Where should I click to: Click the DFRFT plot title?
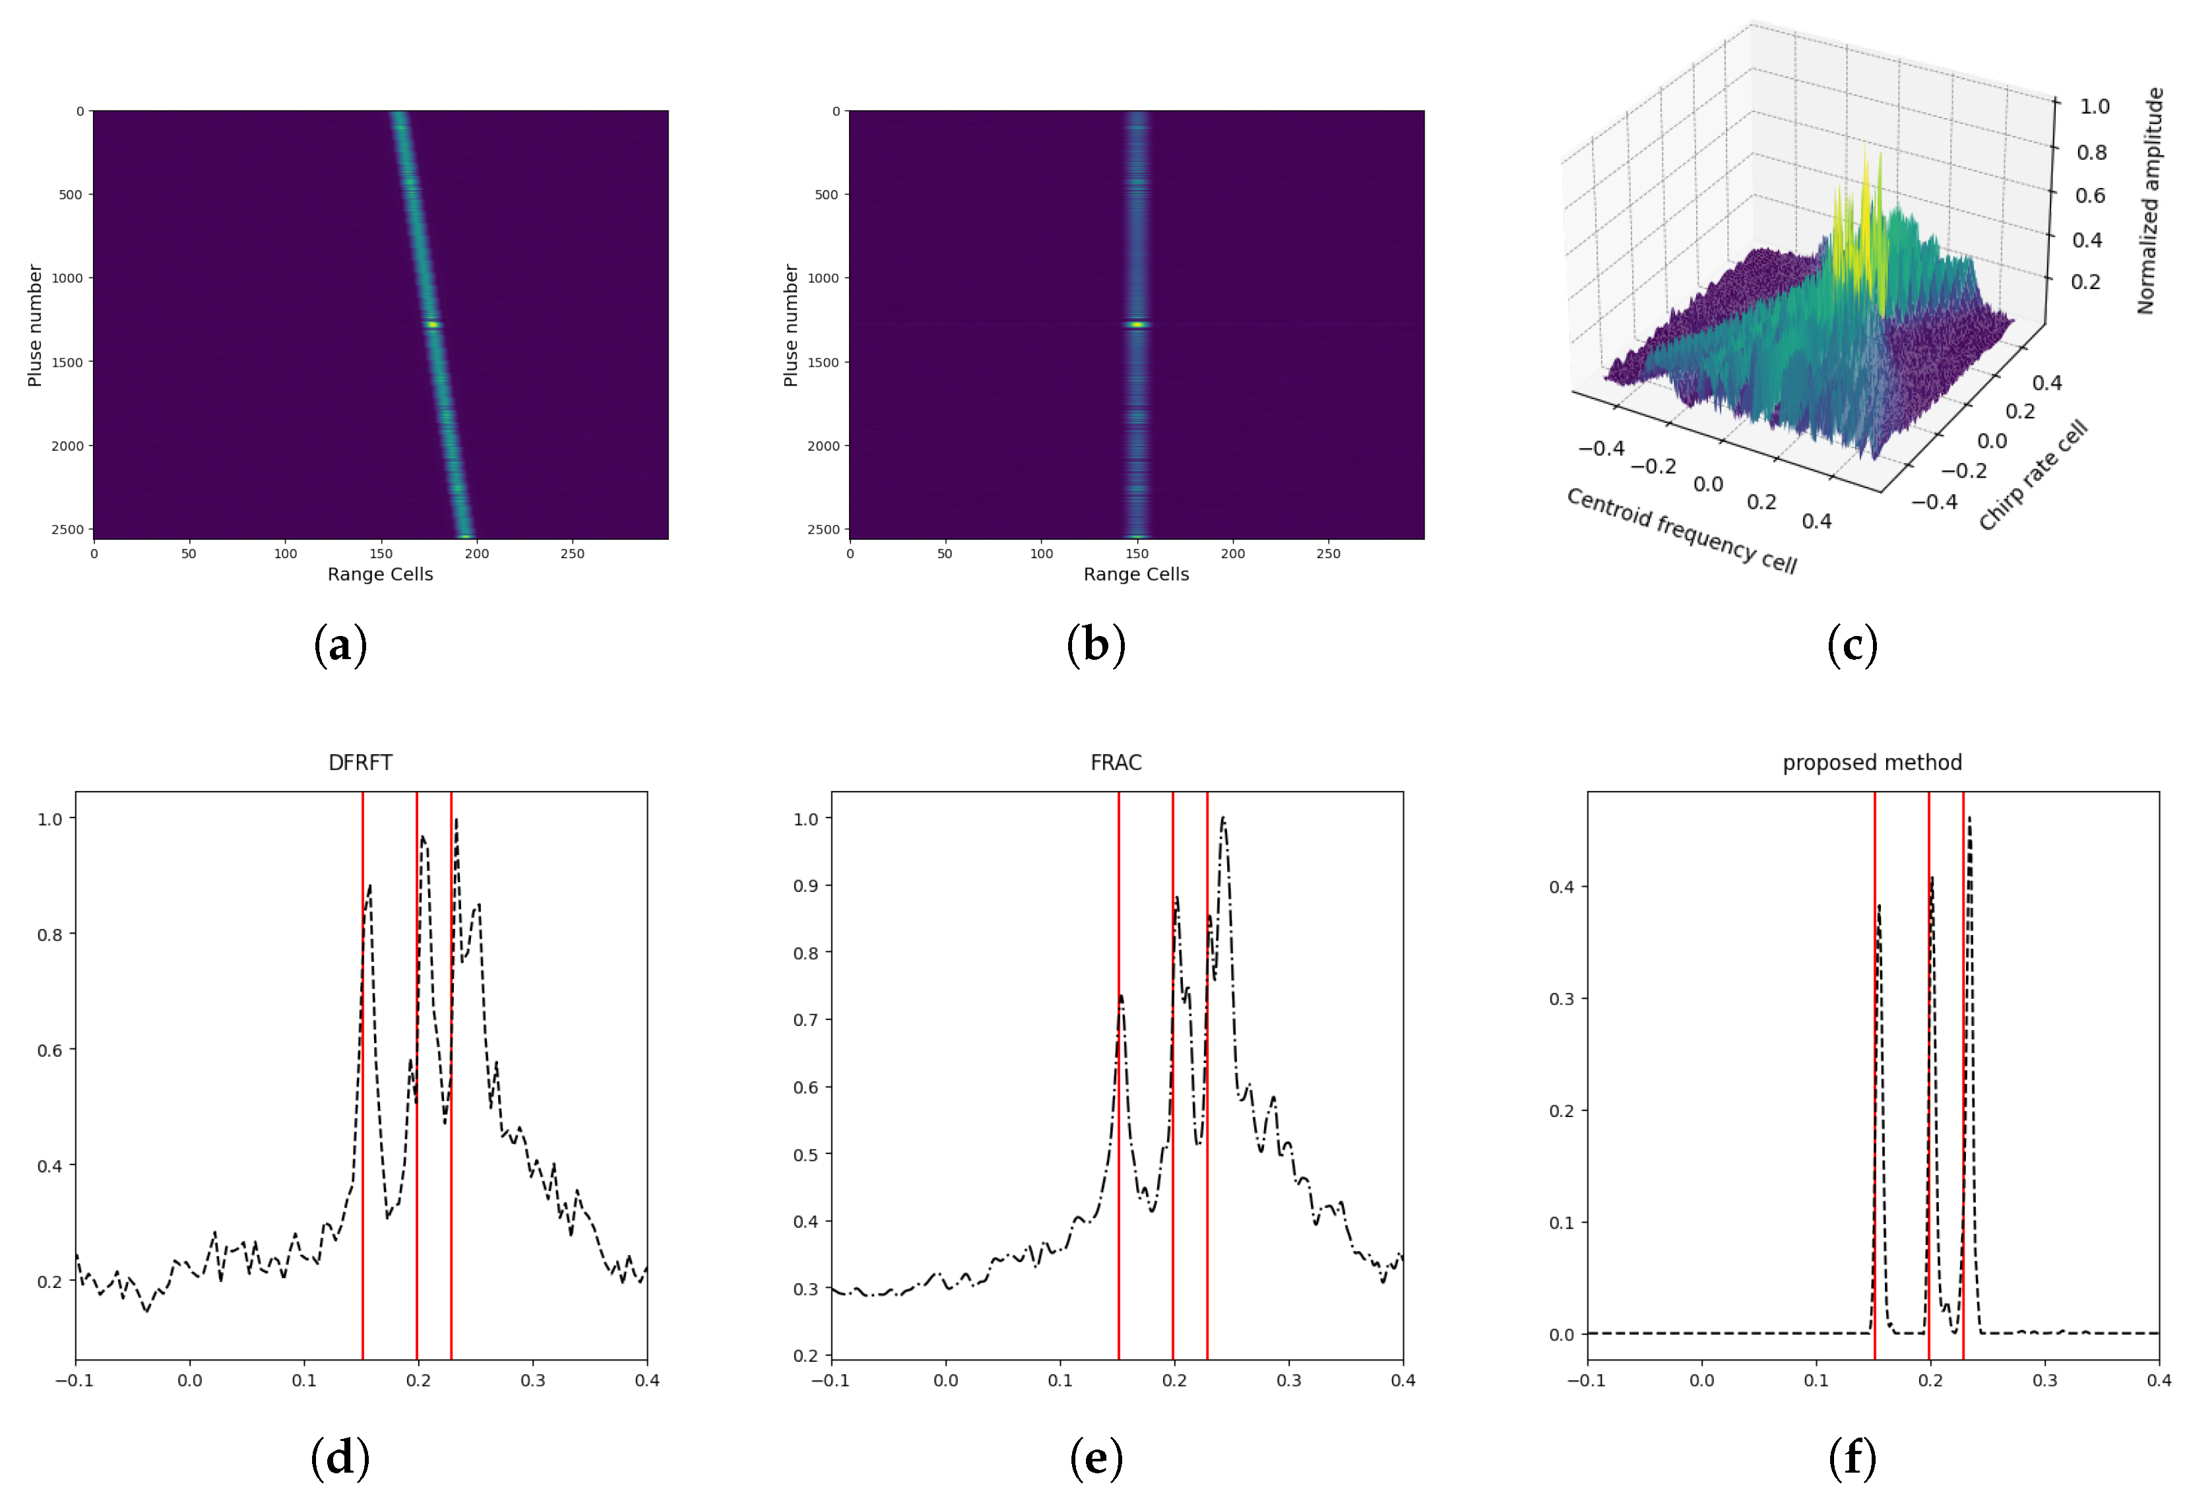[x=360, y=762]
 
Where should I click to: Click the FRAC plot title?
[x=1116, y=762]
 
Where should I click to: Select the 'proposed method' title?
[x=1872, y=762]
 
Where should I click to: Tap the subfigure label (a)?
[x=340, y=645]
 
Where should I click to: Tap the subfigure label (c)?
[x=1852, y=645]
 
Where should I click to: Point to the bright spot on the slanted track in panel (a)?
[x=433, y=325]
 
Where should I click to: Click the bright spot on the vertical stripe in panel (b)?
[x=1137, y=325]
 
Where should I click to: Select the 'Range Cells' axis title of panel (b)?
[x=1136, y=574]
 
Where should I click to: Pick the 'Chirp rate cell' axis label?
[x=2033, y=475]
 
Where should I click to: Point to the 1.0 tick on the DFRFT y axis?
[x=50, y=819]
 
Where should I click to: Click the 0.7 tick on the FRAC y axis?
[x=806, y=1020]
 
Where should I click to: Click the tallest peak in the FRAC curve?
[x=1222, y=819]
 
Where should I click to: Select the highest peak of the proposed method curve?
[x=1969, y=819]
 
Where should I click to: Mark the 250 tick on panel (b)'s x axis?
[x=1328, y=554]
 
